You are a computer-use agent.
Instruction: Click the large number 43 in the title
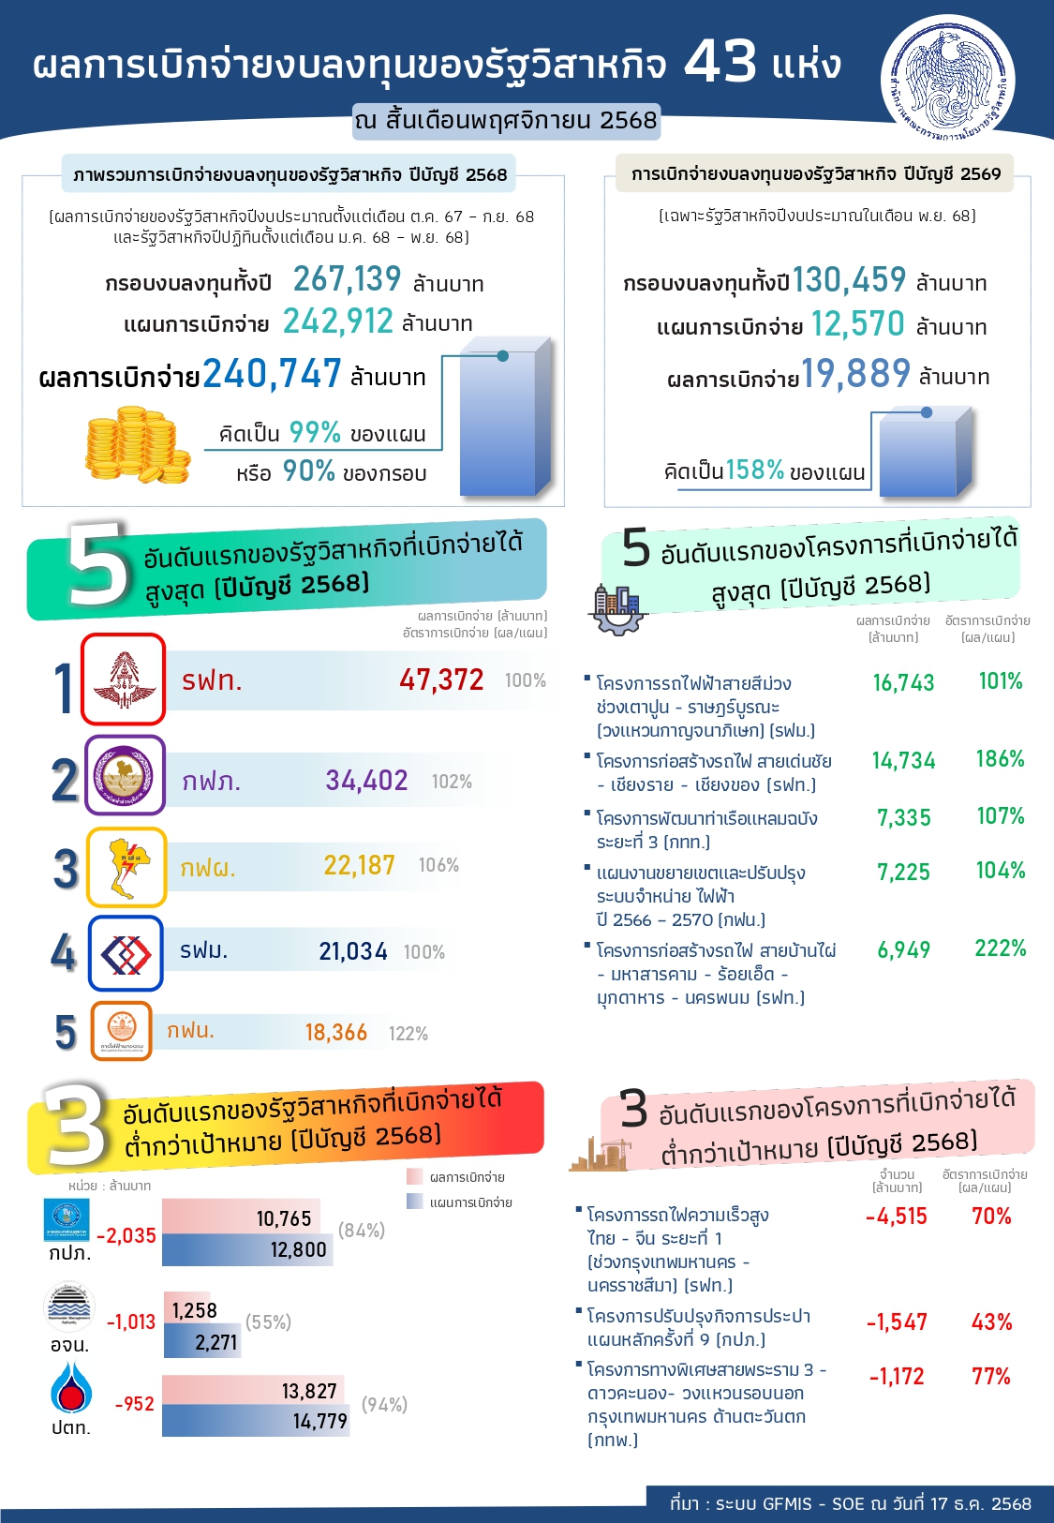(720, 63)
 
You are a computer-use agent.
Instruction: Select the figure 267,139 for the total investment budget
(347, 279)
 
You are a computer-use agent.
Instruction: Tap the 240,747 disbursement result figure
(272, 374)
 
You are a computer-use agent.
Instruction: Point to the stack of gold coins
(137, 445)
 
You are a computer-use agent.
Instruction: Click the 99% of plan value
(314, 432)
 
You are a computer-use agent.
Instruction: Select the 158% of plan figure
(754, 470)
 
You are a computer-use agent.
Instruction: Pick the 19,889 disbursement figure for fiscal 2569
(855, 374)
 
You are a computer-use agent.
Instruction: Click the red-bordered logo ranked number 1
(123, 679)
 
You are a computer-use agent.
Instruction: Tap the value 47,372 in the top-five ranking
(441, 679)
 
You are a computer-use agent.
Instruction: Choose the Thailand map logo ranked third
(126, 867)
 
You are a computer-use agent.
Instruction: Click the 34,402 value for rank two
(366, 781)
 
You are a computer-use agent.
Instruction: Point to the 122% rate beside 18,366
(408, 1034)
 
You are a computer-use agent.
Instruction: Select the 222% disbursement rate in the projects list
(1000, 948)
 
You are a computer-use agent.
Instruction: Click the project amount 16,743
(903, 683)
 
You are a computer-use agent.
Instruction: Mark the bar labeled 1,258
(193, 1310)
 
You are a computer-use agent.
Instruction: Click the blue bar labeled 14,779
(255, 1421)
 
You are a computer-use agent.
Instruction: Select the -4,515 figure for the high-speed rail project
(896, 1217)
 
